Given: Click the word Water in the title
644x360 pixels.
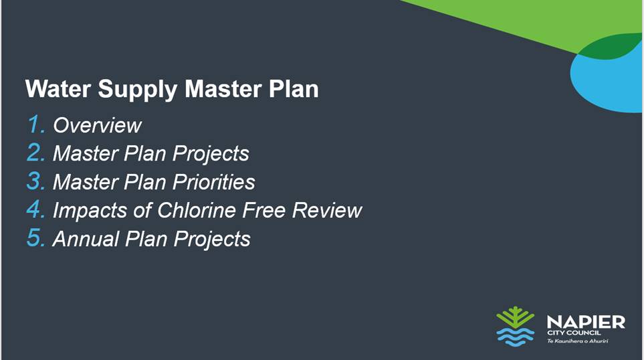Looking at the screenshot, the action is pos(58,89).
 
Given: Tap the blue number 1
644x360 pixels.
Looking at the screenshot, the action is pos(35,124).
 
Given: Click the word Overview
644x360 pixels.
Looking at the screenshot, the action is pos(98,125).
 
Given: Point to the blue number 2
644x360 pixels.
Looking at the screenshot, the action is pos(35,153).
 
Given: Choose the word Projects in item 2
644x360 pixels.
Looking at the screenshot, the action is pos(211,155).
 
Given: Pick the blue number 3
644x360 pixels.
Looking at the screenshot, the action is pos(35,181).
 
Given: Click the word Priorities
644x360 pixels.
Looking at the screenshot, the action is pos(213,182).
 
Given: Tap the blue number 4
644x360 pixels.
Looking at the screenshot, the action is pos(35,209).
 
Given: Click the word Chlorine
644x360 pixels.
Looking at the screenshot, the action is pos(197,210).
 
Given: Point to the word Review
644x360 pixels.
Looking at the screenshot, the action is pos(327,210).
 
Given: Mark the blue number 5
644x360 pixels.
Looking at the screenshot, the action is pos(35,238).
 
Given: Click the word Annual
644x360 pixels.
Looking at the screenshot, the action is pos(86,239).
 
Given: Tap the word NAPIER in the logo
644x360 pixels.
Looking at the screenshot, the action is pos(586,322).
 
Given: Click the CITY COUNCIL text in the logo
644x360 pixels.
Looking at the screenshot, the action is pos(574,333).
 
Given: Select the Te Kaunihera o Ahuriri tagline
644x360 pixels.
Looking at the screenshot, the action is pos(578,341).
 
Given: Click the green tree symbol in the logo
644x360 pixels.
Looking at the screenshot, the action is pos(516,317).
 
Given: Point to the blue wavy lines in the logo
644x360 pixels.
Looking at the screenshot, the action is pos(516,337).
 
